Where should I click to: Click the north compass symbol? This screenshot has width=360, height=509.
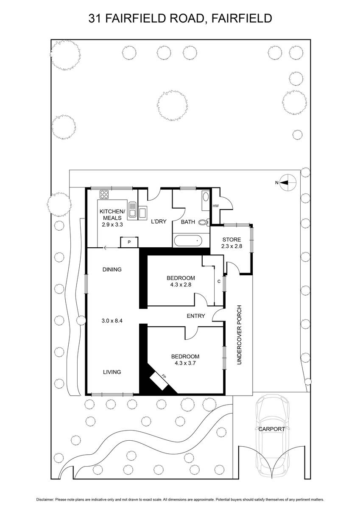[287, 182]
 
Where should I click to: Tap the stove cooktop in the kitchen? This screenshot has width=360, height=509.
[104, 195]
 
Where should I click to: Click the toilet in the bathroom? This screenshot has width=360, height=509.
[204, 222]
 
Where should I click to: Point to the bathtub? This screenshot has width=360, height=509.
[187, 241]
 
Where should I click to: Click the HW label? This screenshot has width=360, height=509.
[215, 206]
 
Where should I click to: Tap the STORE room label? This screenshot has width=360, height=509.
[232, 240]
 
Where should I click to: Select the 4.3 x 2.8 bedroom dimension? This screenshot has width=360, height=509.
[181, 285]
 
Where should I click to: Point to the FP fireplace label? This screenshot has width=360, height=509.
[164, 376]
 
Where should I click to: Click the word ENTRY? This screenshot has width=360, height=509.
[196, 316]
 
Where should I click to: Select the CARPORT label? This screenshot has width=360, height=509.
[271, 429]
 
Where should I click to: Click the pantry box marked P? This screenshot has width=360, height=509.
[129, 242]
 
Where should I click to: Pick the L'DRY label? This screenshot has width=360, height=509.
[159, 221]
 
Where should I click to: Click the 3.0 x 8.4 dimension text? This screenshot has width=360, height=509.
[112, 321]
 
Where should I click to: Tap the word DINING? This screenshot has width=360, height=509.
[112, 269]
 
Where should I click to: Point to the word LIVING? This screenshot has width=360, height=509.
[112, 372]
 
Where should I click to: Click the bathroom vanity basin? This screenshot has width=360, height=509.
[206, 197]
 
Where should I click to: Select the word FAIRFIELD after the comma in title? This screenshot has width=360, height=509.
[242, 18]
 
